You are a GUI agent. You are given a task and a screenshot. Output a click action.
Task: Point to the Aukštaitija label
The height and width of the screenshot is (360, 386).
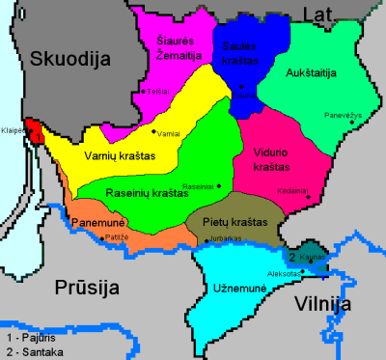point(315,71)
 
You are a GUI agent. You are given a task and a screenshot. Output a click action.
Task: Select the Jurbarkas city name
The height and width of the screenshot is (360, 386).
point(225,237)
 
